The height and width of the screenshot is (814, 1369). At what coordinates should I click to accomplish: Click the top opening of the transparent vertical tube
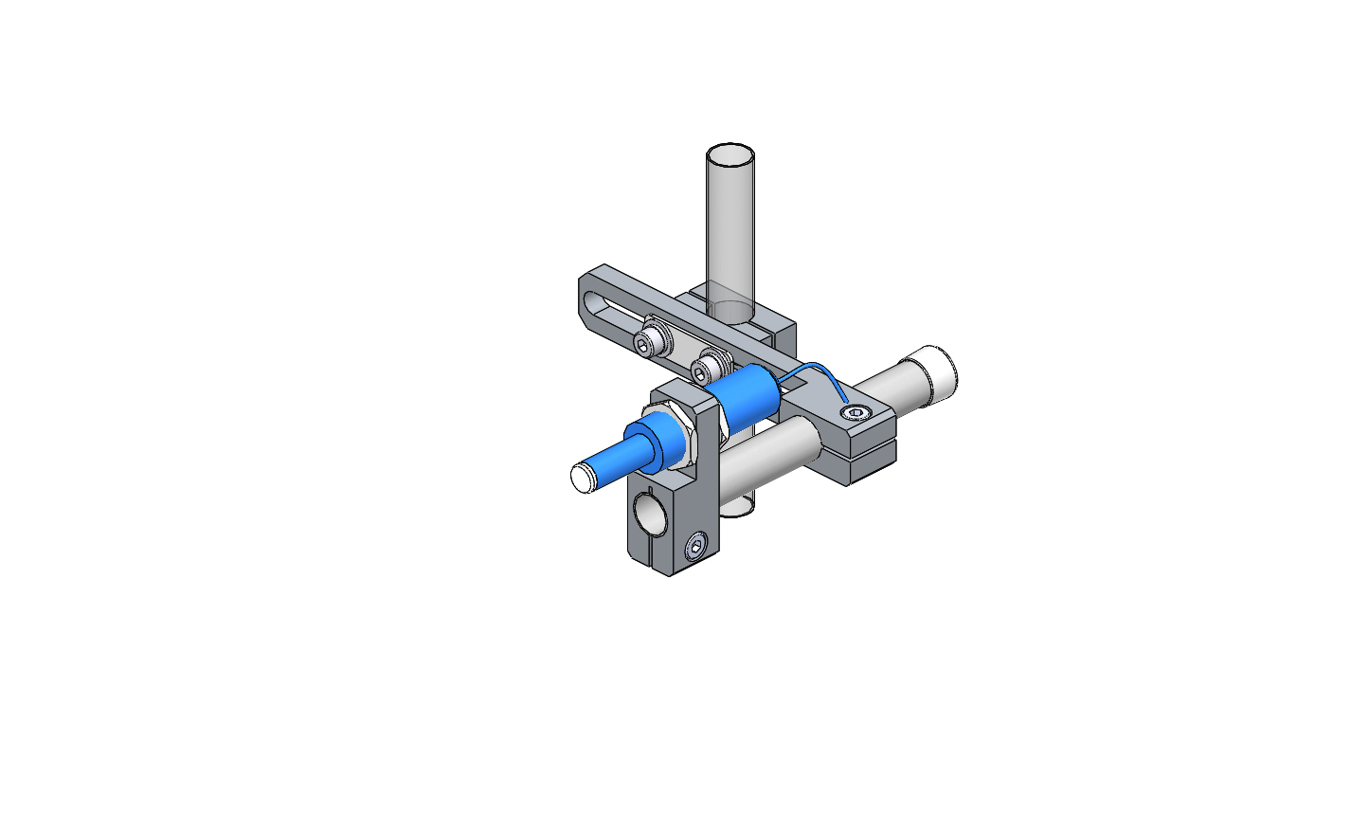click(730, 154)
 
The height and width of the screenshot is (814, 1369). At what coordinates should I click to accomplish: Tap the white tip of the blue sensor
click(581, 477)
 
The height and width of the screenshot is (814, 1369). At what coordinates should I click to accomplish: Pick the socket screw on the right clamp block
click(857, 412)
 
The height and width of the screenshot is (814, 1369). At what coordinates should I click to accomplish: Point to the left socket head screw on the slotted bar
click(649, 342)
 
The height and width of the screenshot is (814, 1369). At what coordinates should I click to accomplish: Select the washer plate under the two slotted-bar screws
click(677, 350)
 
